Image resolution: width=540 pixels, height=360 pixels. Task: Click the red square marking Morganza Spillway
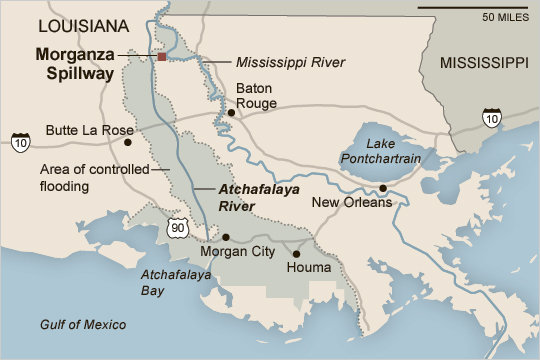tap(161, 57)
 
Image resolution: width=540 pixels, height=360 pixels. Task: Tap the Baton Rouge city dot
tap(231, 113)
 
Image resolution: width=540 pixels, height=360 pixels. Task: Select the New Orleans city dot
tap(382, 187)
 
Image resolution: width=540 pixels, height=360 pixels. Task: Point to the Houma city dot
tap(296, 254)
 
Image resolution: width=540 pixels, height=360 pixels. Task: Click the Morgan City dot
tap(226, 237)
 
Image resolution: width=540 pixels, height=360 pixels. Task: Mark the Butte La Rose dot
tap(127, 141)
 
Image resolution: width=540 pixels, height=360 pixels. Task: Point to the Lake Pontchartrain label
tap(377, 150)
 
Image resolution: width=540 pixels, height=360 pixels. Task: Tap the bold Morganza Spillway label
tap(76, 64)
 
